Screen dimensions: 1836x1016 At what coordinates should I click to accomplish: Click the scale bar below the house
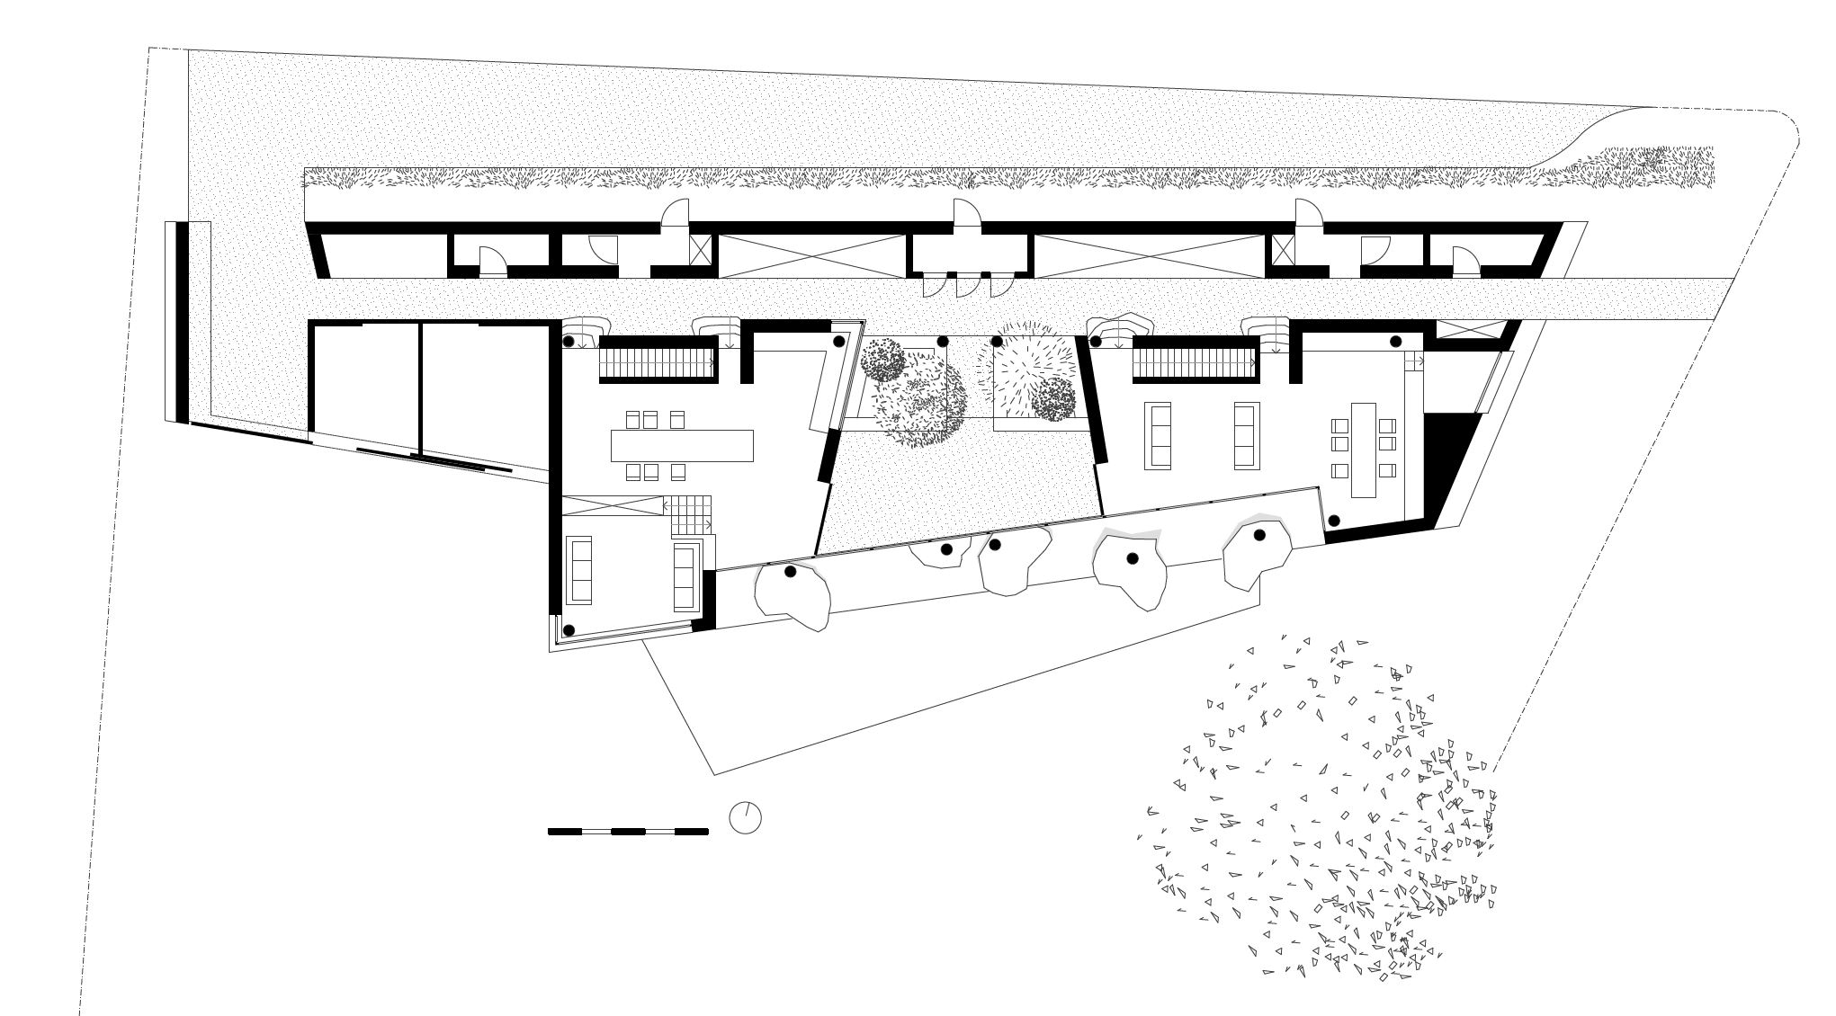[628, 832]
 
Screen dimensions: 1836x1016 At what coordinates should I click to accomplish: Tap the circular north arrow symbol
[745, 818]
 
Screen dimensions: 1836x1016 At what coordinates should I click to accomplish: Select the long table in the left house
[682, 445]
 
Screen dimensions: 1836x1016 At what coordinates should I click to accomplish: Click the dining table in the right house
[1364, 450]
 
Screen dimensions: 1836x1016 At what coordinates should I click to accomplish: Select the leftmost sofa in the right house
[1158, 436]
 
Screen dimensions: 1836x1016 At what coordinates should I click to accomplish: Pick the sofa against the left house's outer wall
[578, 570]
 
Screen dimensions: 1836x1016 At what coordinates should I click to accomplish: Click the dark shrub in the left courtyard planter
[883, 360]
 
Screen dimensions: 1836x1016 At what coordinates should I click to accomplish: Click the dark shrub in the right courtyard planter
[1053, 399]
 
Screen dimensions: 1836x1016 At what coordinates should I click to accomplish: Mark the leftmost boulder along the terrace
[792, 593]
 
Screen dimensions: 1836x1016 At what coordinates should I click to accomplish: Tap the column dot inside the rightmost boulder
[1259, 535]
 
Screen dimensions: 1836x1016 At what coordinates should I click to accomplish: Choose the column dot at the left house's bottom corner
[569, 630]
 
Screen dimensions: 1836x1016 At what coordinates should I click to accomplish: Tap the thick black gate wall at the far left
[182, 321]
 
